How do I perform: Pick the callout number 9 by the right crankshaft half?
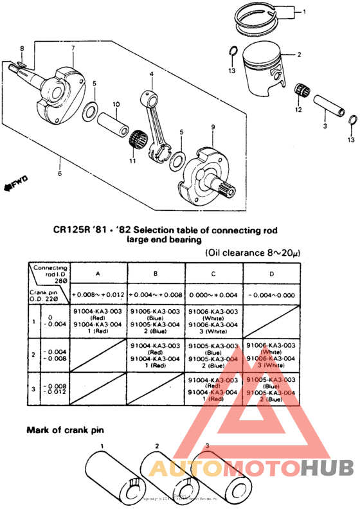tap(212, 127)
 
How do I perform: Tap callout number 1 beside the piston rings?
tap(305, 12)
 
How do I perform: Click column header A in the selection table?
tap(98, 272)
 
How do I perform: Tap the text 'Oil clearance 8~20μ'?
tap(253, 253)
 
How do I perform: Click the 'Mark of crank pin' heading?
tap(65, 429)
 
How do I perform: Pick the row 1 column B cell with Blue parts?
tap(156, 319)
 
